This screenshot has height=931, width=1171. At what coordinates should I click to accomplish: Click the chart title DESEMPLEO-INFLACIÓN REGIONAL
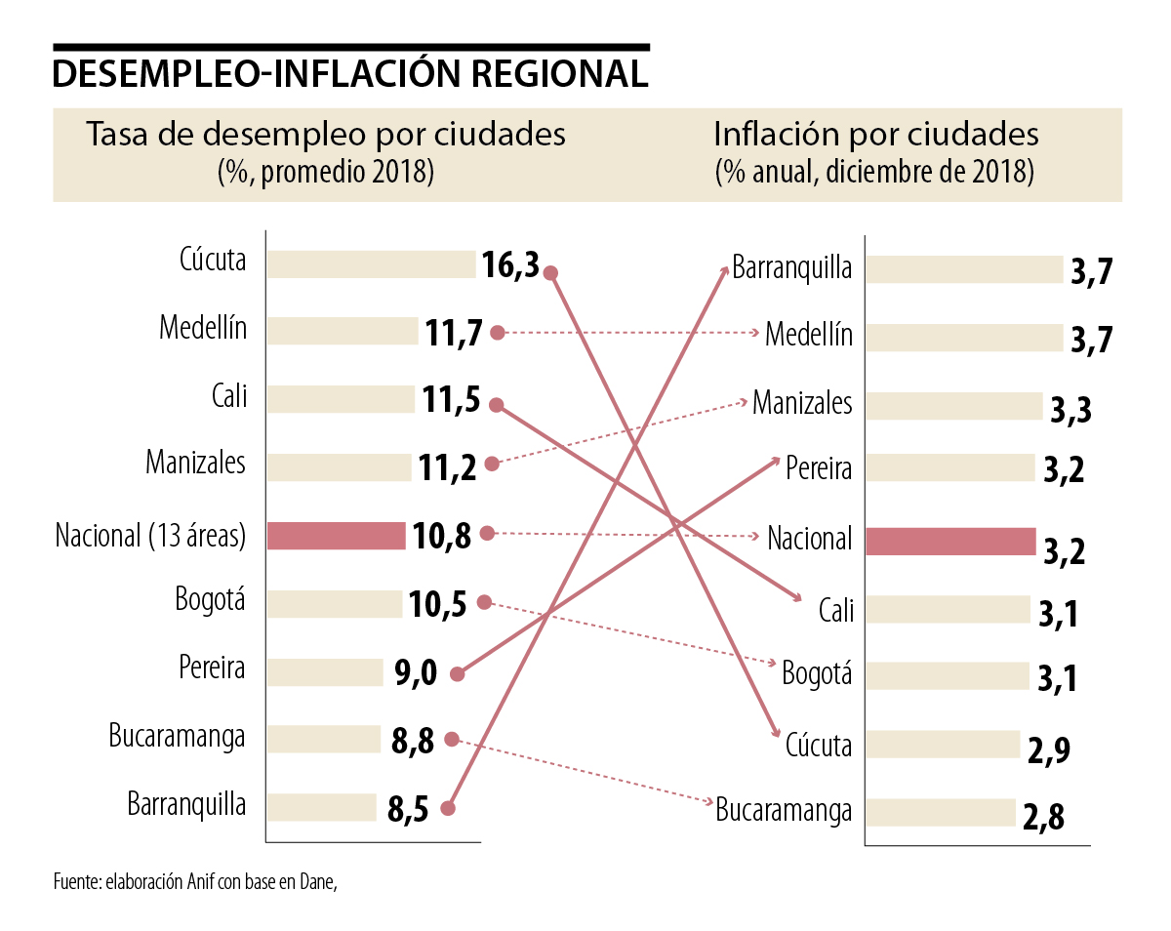click(350, 74)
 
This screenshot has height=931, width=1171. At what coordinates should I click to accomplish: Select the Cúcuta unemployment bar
click(371, 263)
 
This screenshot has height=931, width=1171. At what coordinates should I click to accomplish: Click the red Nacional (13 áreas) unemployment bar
click(336, 536)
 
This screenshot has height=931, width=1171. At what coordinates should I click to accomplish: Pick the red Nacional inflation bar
click(950, 542)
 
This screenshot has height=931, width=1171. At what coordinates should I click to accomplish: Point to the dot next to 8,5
click(447, 808)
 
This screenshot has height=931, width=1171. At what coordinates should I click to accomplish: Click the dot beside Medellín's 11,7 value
click(497, 333)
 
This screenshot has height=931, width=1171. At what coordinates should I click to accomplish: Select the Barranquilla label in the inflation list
click(792, 267)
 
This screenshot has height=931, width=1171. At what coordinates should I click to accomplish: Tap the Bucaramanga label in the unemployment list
click(177, 737)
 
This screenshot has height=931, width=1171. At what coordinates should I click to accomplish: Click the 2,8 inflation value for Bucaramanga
click(1043, 817)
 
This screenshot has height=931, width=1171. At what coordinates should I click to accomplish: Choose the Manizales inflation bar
click(953, 406)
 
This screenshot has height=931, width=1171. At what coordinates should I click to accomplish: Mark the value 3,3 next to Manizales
click(1070, 410)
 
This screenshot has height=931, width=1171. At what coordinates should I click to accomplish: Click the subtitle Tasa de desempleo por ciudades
click(326, 134)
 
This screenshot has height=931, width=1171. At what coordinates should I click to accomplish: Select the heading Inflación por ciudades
click(876, 134)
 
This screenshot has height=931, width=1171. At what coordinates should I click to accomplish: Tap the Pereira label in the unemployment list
click(212, 669)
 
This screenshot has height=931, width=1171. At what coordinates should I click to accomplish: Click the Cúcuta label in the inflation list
click(819, 746)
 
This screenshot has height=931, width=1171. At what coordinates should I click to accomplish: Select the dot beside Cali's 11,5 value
click(496, 404)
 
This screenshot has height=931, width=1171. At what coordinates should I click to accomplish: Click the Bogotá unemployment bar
click(334, 604)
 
